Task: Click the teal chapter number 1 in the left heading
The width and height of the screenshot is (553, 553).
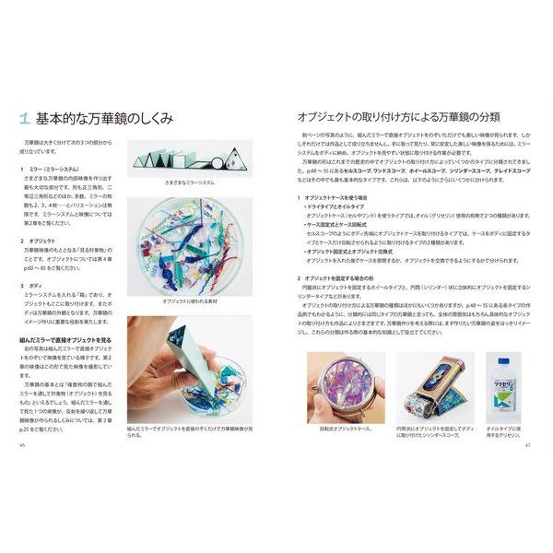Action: pyautogui.click(x=26, y=119)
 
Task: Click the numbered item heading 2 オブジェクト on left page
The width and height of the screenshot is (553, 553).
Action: pyautogui.click(x=40, y=241)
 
